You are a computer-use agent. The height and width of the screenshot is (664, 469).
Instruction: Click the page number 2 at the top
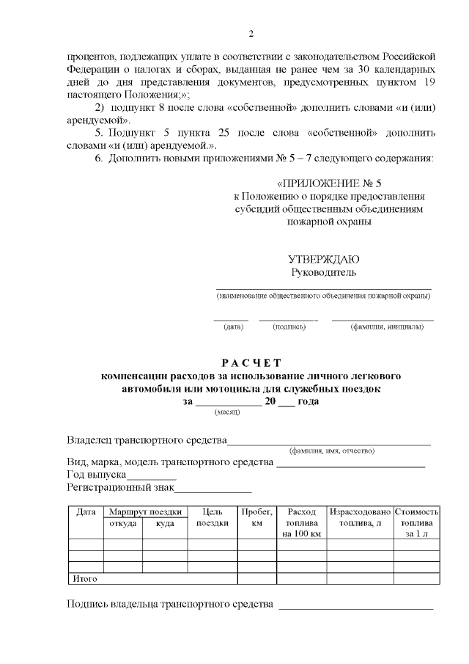[x=251, y=34]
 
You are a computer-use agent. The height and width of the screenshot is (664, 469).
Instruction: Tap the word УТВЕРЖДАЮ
[x=323, y=260]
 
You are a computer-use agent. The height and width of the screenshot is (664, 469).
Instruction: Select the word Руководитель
[x=323, y=273]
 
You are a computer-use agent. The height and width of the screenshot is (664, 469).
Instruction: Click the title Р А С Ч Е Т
[x=251, y=362]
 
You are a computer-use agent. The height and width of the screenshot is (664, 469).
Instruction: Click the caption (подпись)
[x=288, y=326]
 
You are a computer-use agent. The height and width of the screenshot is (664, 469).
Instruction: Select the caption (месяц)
[x=227, y=413]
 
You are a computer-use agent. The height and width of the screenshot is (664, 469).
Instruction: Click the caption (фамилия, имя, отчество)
[x=332, y=450]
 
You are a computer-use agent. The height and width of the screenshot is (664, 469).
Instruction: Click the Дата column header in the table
[x=86, y=511]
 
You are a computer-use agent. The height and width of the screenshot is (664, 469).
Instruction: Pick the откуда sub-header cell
[x=122, y=522]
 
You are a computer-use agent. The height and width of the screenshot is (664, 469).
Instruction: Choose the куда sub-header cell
[x=165, y=522]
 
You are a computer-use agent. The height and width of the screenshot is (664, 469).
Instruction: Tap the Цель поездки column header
[x=213, y=517]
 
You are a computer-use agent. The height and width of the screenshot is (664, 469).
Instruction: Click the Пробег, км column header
[x=256, y=517]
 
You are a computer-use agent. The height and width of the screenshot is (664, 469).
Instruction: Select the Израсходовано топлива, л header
[x=359, y=517]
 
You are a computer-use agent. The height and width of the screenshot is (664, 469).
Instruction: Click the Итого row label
[x=85, y=579]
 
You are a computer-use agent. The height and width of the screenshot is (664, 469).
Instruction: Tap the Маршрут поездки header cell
[x=145, y=511]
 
